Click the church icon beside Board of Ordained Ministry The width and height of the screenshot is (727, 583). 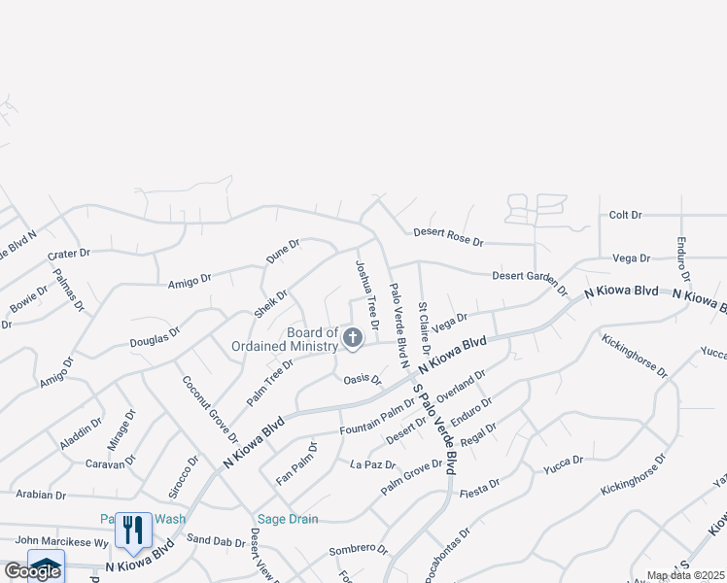click(353, 338)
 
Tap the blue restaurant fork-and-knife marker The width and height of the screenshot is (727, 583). click(133, 530)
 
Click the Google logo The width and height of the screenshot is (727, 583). click(32, 571)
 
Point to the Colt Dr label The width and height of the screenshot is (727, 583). click(625, 215)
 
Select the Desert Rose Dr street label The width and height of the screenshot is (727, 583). click(448, 236)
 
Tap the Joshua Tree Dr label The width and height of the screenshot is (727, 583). click(365, 288)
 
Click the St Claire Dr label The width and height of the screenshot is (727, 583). click(425, 328)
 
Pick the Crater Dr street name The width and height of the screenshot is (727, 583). click(68, 254)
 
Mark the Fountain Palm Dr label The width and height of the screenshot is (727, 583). click(377, 417)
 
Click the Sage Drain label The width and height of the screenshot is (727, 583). click(287, 519)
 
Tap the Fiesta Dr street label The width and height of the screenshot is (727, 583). click(480, 482)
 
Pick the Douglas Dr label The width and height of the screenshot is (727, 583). click(156, 337)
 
